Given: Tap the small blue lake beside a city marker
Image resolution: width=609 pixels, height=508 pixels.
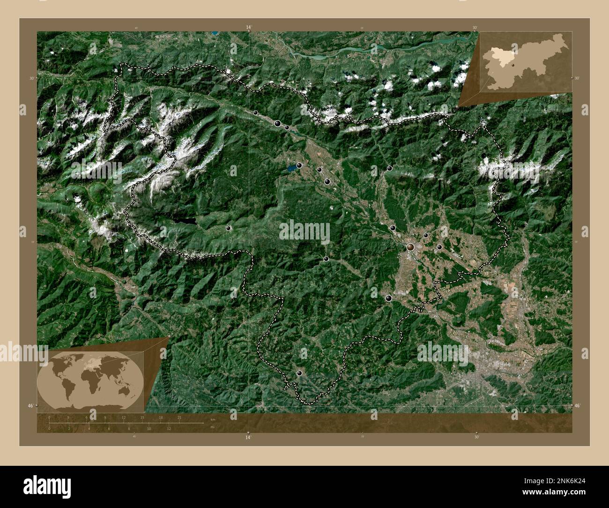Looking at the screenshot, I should tap(291, 167).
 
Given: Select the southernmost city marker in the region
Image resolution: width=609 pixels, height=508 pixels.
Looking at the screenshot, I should tap(300, 373).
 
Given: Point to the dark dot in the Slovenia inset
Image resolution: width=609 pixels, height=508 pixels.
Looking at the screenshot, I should tap(513, 65).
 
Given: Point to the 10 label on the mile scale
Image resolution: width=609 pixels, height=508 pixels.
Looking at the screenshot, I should tap(149, 428).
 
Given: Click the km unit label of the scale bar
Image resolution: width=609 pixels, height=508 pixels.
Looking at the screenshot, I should tap(212, 419).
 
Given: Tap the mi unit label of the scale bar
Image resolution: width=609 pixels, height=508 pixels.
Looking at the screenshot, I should tap(212, 427).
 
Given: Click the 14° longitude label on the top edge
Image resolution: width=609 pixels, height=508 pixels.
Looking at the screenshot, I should tap(248, 28).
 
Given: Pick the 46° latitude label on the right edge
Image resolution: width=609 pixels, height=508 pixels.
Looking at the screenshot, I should tap(577, 405).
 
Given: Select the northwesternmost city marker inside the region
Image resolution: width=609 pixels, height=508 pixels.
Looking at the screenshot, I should tap(255, 112).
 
